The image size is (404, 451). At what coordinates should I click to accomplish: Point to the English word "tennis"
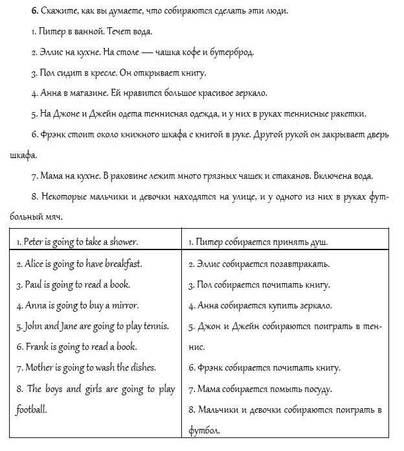point(155,326)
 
